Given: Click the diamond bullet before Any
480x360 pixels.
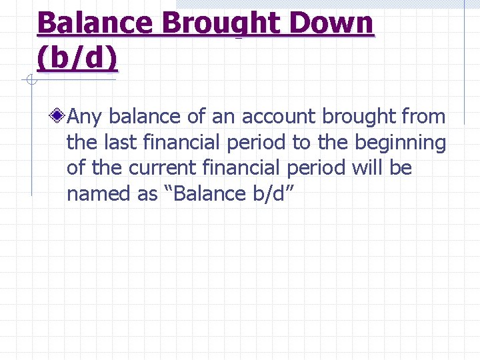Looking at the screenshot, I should point(59,117).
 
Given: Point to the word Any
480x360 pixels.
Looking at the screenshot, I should point(85,117).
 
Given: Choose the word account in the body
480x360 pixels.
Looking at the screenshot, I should point(279,117).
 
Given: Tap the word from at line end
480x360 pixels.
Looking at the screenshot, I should point(423,117).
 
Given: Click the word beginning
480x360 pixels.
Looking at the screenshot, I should point(400,143).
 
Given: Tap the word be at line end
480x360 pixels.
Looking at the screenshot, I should point(401,168).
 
